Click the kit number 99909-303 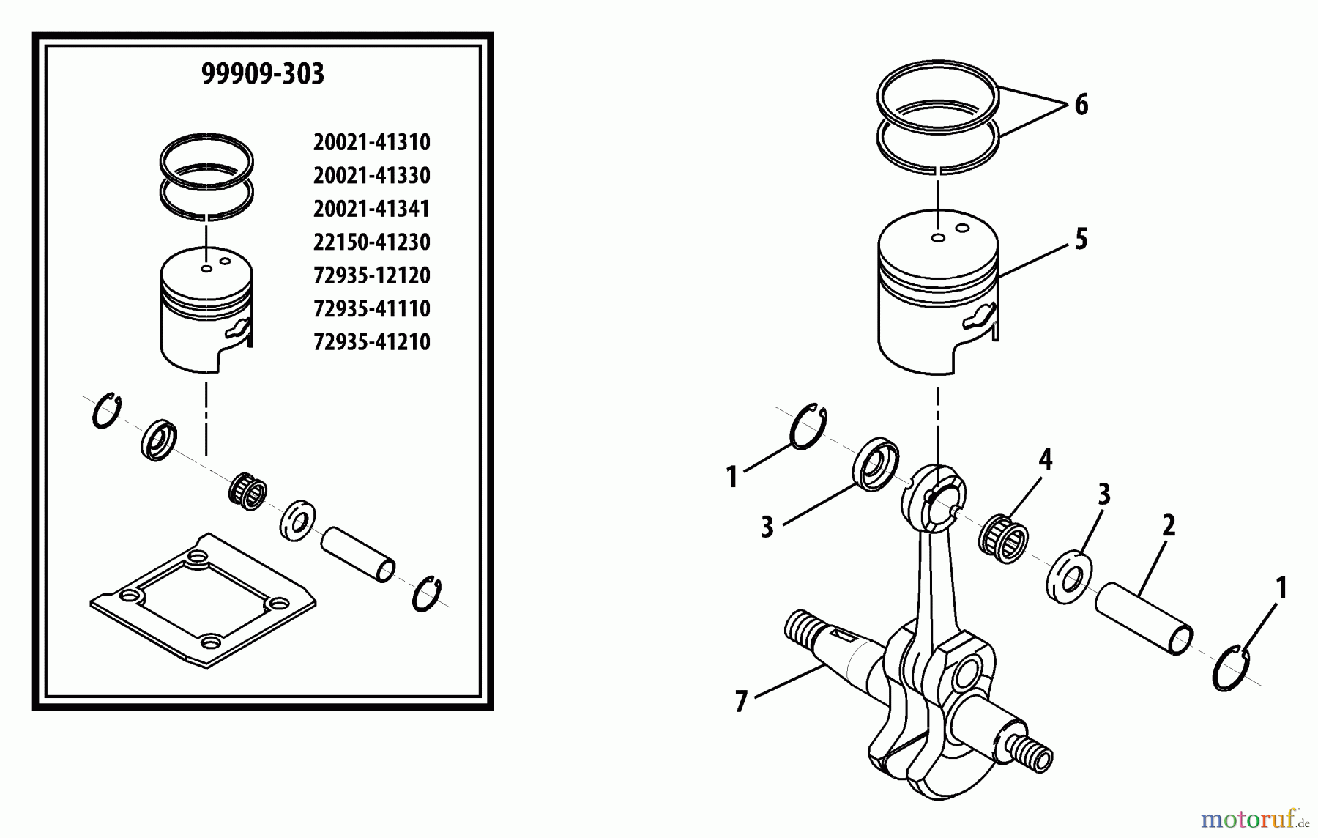262,74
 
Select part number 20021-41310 371,142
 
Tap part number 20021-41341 371,209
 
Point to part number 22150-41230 371,242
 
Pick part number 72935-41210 371,342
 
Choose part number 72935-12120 371,275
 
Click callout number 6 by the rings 1081,105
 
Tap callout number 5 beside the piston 1081,240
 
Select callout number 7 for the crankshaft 741,702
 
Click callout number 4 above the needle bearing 1045,460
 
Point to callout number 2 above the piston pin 1168,525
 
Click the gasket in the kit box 203,601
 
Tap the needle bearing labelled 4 1003,539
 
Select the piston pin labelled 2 1143,618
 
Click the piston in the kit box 206,311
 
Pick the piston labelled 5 938,300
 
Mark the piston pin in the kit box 358,555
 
